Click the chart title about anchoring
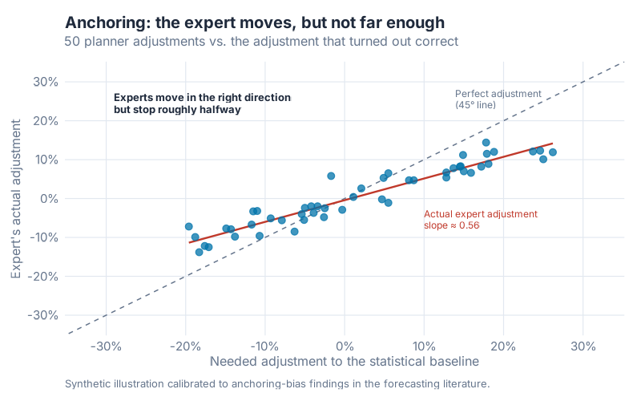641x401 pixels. tap(254, 22)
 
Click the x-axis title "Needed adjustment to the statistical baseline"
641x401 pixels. tap(344, 362)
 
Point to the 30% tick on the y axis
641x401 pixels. tap(44, 82)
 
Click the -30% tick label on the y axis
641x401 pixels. tap(42, 316)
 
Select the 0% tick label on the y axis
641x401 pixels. tap(47, 199)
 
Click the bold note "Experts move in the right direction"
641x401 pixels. tap(202, 97)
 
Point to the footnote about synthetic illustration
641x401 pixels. tap(276, 383)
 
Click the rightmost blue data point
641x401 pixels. tap(552, 152)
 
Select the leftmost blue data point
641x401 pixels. tap(188, 227)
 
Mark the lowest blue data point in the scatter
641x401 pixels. tap(199, 252)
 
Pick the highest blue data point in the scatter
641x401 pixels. tap(486, 143)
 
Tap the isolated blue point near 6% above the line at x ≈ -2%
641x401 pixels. tap(331, 176)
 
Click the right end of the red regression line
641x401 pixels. tap(552, 144)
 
